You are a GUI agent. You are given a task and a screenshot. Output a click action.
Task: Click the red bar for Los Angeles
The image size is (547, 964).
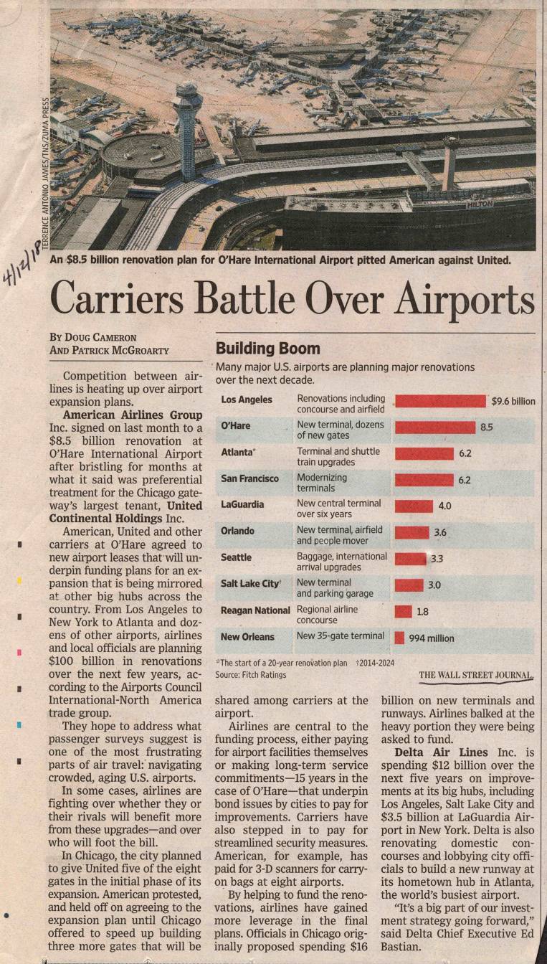coord(440,401)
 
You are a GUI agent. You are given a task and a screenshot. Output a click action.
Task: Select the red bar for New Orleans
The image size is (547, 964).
coord(399,637)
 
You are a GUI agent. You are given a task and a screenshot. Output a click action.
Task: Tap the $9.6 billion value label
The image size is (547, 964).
coord(513,401)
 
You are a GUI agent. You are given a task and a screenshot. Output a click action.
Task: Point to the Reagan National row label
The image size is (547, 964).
coord(255,610)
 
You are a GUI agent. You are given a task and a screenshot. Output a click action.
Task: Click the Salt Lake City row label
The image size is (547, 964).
coord(249,584)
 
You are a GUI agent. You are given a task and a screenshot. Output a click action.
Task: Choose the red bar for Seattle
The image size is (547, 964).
coord(410,558)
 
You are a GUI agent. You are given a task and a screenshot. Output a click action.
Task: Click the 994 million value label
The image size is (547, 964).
coord(431,638)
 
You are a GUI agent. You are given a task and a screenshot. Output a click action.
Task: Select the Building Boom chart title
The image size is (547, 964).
coord(268,349)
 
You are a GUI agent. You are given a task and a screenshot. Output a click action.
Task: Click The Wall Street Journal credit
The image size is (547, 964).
coord(476,675)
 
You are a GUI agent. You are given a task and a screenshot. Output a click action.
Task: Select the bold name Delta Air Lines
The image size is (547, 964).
coord(441,752)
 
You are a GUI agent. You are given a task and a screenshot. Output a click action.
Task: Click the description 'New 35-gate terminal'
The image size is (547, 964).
coord(341,636)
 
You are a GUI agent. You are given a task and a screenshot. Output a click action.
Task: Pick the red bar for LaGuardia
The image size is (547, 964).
coord(414,506)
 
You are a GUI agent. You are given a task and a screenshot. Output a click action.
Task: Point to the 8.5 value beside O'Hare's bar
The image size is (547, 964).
coord(486,427)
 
